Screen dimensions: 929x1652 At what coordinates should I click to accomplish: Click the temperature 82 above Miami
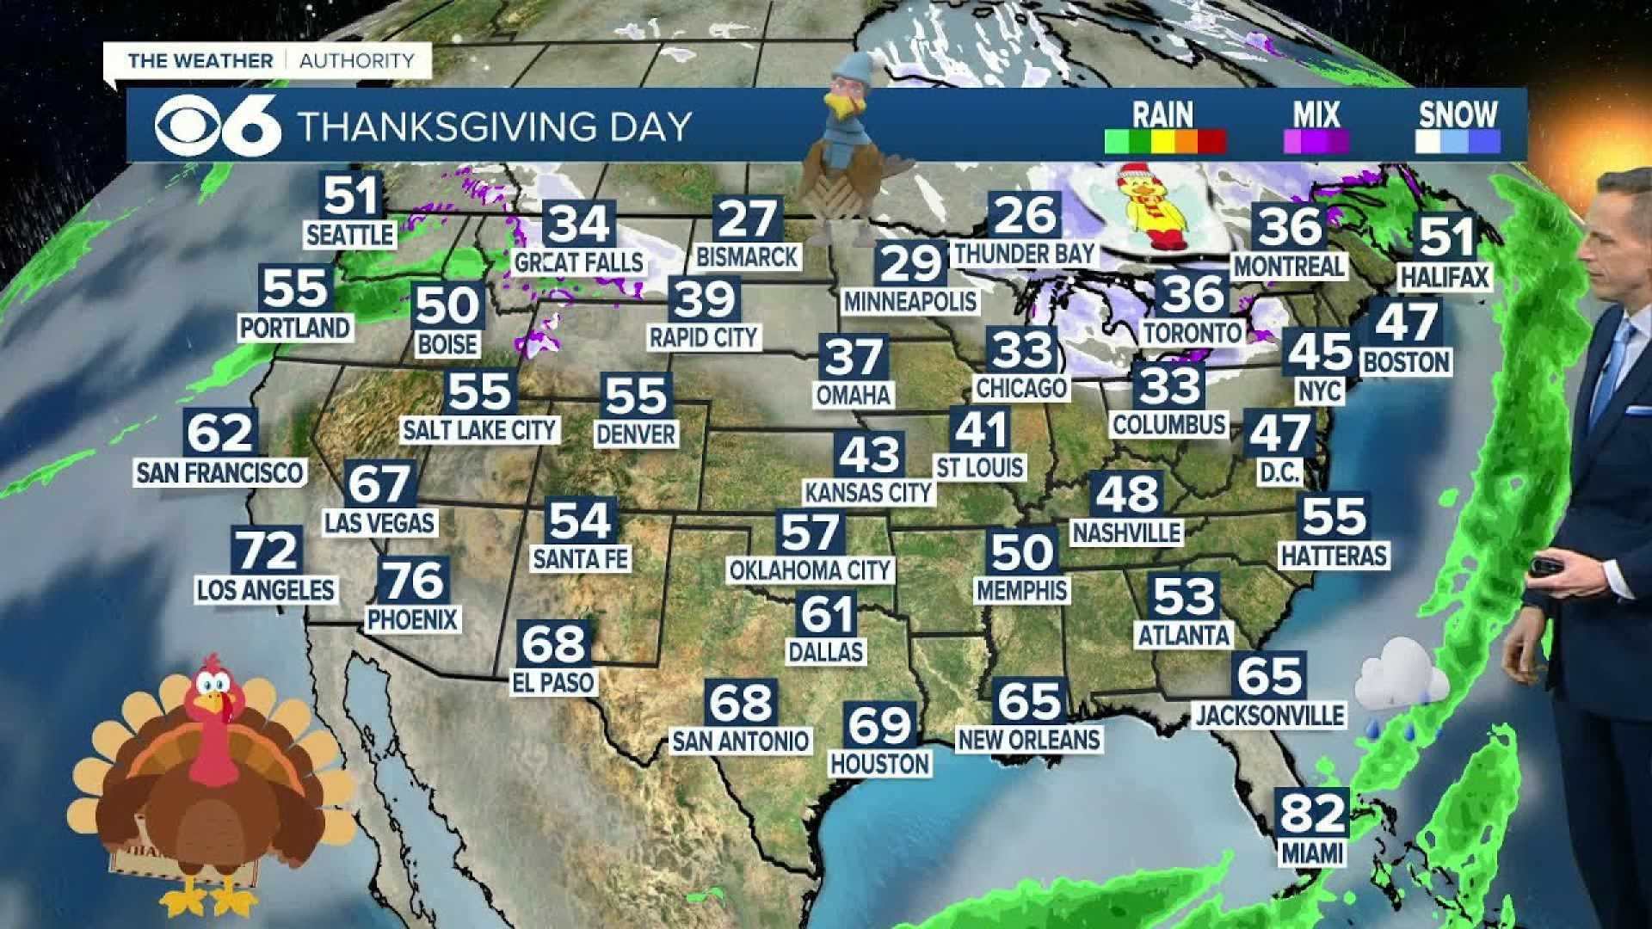tap(1311, 811)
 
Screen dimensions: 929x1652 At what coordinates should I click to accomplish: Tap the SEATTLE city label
tap(350, 235)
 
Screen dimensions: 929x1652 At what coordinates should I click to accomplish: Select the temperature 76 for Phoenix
tap(413, 581)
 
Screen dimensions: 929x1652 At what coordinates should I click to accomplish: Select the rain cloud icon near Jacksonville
tap(1399, 680)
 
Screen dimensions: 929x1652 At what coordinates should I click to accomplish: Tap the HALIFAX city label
tap(1444, 277)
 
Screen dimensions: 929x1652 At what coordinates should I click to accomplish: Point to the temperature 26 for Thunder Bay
tap(1024, 215)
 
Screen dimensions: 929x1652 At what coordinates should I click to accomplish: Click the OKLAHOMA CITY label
tap(810, 570)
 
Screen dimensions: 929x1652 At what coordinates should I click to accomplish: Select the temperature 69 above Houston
tap(878, 725)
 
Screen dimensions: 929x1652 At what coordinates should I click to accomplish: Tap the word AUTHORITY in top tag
tap(356, 61)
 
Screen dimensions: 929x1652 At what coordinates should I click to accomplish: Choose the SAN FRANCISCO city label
tap(219, 472)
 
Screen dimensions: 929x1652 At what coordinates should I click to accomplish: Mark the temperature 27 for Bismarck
tap(746, 219)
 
